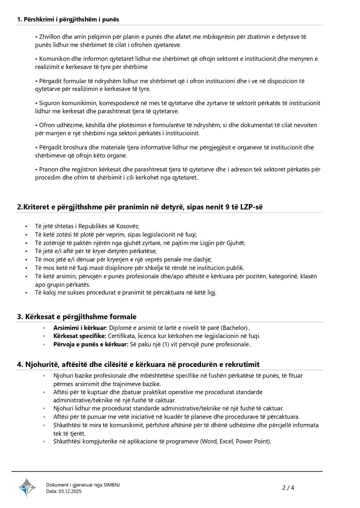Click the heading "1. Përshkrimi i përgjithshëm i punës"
coord(68,19)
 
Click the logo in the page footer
coord(27,487)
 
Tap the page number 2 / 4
coord(288,487)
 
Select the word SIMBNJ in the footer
coord(112,485)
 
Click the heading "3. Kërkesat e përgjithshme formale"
coord(76,316)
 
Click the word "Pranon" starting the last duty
coord(49,169)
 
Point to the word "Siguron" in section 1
coord(49,103)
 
